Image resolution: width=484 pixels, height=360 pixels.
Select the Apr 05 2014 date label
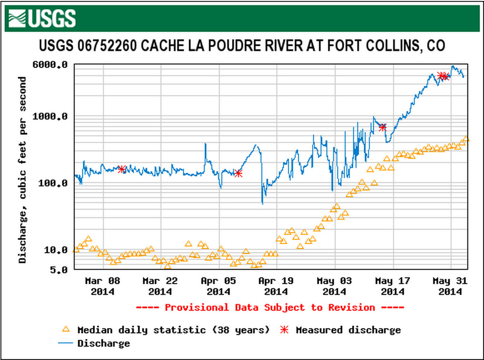(219, 286)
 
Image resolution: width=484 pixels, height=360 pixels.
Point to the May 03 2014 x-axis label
(335, 286)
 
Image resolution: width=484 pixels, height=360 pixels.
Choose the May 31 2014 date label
(450, 286)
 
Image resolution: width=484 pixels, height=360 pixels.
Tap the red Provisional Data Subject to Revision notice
(270, 308)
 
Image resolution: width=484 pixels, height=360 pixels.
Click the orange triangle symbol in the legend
(66, 329)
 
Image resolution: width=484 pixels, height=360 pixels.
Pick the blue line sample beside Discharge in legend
(66, 343)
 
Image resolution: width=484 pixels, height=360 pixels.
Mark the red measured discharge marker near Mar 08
(121, 169)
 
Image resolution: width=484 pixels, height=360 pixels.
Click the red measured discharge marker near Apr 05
(239, 173)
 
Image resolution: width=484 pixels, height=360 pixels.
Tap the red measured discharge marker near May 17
(383, 127)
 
